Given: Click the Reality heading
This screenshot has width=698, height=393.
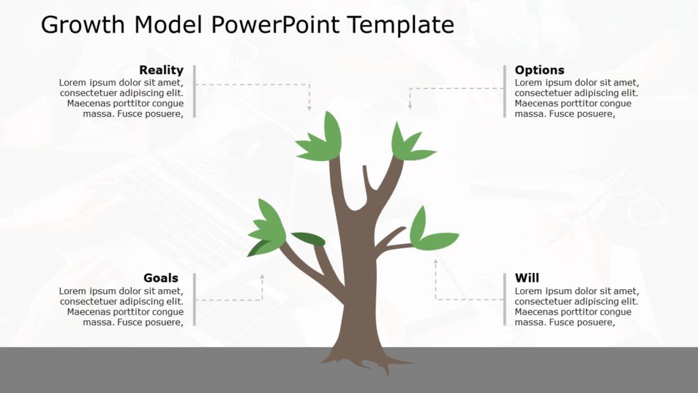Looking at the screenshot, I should coord(161,70).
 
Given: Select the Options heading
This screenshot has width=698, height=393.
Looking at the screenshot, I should coord(539,70).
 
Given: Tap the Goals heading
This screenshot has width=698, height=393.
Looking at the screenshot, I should coord(161,278).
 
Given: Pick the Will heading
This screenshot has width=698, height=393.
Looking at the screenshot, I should coord(526,278).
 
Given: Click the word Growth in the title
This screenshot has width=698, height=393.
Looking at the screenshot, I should coord(83,25).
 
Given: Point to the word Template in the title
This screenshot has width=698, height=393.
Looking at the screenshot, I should coord(400,25).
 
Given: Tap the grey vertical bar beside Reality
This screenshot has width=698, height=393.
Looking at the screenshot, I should coord(194,91).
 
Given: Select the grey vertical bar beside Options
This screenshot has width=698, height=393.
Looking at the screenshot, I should coord(504,91).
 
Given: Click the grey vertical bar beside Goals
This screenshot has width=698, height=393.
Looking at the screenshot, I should coord(194,299).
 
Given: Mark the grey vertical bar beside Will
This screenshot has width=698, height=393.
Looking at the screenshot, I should coord(504,299).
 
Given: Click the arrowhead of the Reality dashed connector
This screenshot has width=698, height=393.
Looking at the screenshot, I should coord(309,107).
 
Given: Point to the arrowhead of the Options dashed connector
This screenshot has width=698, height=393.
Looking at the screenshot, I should coord(410,106).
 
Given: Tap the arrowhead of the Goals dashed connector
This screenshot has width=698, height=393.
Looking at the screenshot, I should coord(262,277).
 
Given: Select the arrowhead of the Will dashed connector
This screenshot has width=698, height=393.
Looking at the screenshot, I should coord(436,260).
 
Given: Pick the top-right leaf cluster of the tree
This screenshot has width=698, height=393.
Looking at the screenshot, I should coord(409,145).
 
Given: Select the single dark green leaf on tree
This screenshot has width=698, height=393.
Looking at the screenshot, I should coord(308,238).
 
